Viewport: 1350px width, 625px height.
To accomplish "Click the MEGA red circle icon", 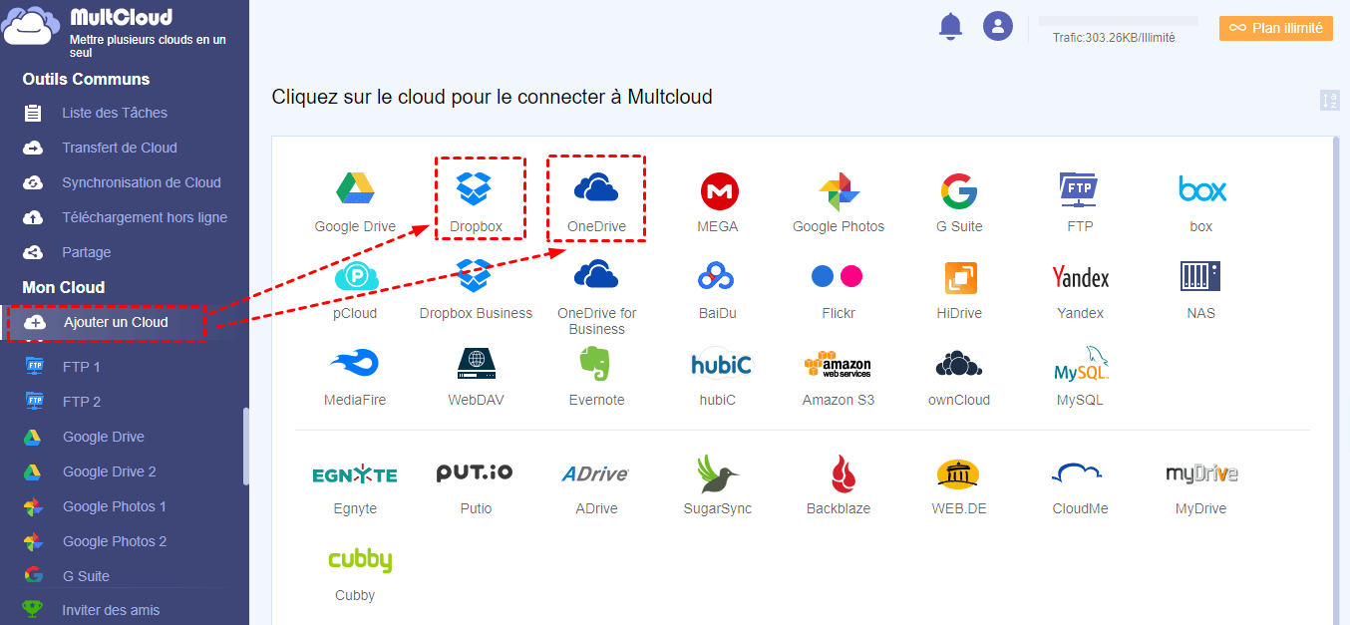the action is (x=719, y=191).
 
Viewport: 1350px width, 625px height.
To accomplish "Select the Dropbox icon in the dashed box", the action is (x=474, y=188).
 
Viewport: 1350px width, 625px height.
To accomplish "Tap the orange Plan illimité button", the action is (x=1276, y=28).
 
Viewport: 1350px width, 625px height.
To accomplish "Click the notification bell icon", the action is (x=950, y=26).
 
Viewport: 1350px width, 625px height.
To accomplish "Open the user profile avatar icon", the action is (x=998, y=26).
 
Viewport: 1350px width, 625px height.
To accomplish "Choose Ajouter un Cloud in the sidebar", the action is (x=116, y=322).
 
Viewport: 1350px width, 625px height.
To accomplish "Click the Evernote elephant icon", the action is (x=595, y=363).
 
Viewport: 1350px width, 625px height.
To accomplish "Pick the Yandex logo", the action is (x=1080, y=277).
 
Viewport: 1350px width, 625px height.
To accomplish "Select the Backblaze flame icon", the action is (x=844, y=474).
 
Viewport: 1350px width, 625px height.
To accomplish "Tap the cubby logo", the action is (x=360, y=560).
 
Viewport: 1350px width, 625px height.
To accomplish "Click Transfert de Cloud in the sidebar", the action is (x=120, y=148).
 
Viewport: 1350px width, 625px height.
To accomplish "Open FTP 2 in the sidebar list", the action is (x=82, y=402).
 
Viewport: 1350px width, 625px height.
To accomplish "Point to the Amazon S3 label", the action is (x=839, y=400).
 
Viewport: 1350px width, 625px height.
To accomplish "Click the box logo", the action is (x=1202, y=188).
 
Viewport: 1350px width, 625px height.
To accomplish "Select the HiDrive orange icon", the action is (x=960, y=277).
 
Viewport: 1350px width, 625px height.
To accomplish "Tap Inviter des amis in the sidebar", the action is (x=111, y=610).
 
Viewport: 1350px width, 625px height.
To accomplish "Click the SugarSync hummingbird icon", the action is (x=717, y=474).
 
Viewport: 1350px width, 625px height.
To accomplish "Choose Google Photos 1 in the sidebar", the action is (x=115, y=506).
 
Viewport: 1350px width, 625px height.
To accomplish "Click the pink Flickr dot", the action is (x=851, y=277).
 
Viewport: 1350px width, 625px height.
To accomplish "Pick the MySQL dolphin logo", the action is (x=1081, y=364).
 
